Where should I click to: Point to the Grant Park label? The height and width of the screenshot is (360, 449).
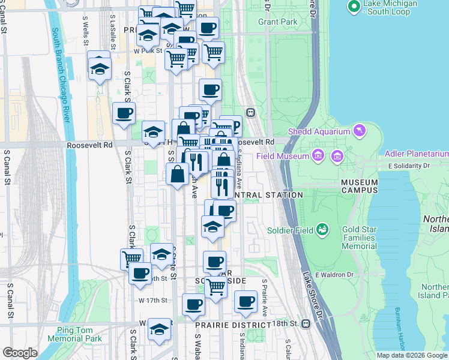[278, 22]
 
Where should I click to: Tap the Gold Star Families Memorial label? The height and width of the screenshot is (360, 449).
[359, 238]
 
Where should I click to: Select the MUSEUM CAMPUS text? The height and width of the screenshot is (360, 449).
[360, 186]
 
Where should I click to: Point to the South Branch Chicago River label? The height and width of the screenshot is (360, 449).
[62, 76]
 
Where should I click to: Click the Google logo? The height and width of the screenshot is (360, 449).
[20, 353]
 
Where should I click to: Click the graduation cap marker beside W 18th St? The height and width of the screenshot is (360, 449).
[159, 329]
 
